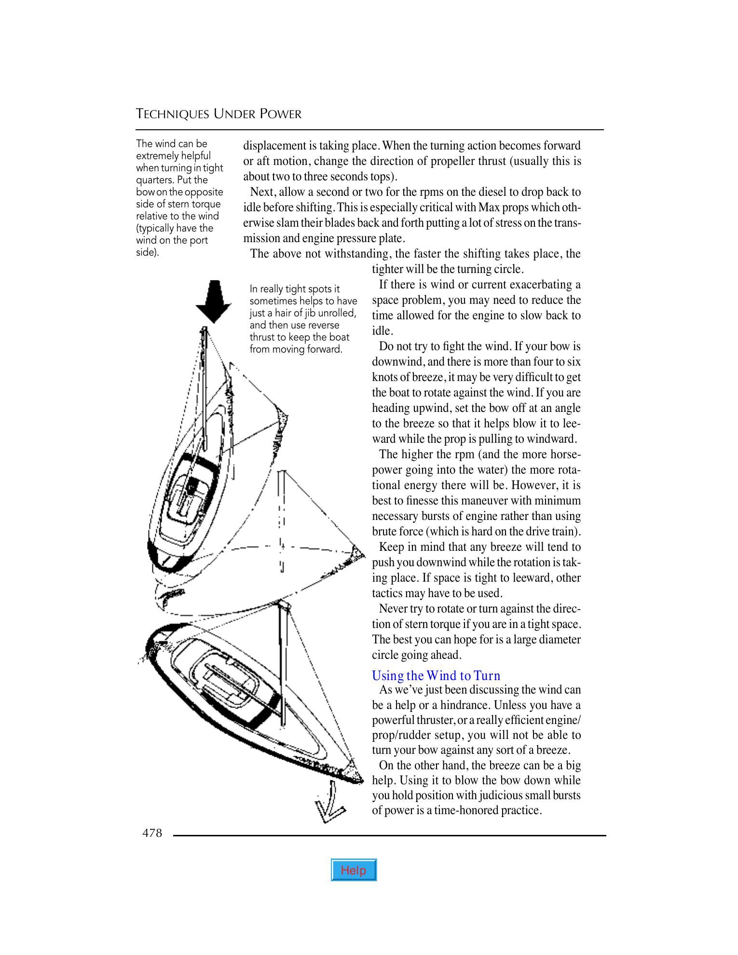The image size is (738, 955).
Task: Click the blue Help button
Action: [354, 870]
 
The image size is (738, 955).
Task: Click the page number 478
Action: [152, 833]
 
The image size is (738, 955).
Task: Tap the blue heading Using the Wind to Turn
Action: [436, 675]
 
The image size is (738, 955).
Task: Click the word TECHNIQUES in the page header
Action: [173, 114]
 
